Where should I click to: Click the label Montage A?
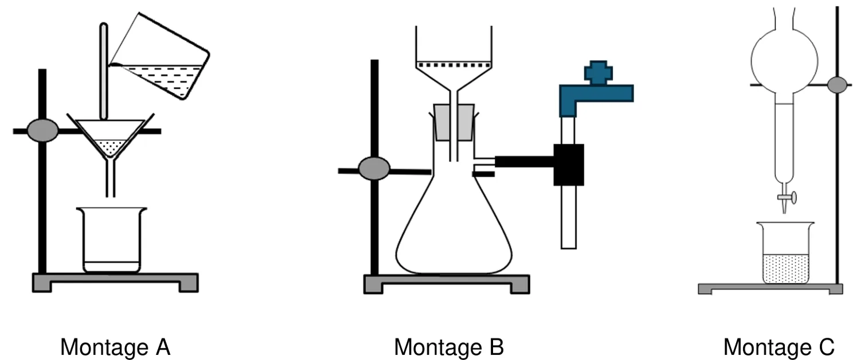[x=115, y=348]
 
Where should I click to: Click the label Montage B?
[x=449, y=348]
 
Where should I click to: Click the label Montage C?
[x=779, y=348]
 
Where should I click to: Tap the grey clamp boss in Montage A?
[x=43, y=131]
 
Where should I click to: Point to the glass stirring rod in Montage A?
[x=104, y=72]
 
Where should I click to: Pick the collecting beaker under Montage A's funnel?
[x=111, y=240]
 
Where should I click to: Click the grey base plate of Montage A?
[x=115, y=283]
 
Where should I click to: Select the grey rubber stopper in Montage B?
[x=454, y=122]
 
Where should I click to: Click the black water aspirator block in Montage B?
[x=569, y=165]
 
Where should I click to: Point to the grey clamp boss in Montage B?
[x=374, y=169]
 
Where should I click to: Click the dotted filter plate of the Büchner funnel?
[x=454, y=65]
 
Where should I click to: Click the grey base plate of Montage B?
[x=447, y=284]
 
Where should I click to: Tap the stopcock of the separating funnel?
[x=787, y=198]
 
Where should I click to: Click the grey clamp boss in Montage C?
[x=837, y=85]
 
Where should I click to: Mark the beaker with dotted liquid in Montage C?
[x=785, y=253]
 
